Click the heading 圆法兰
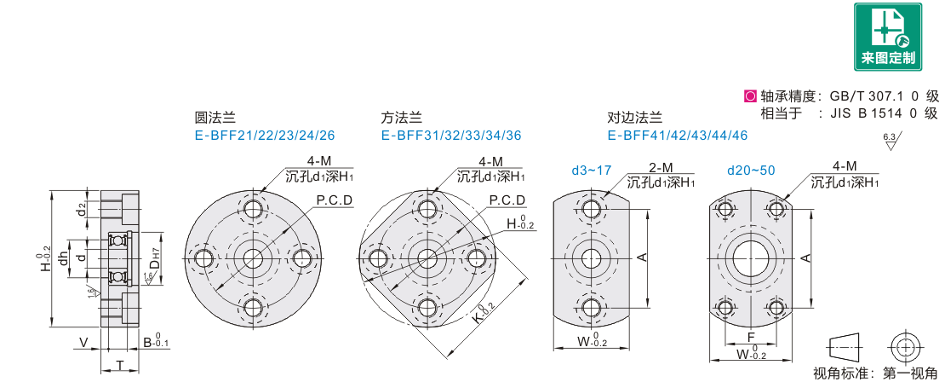click(x=215, y=119)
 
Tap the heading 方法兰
click(x=401, y=119)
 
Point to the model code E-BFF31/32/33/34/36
click(x=451, y=135)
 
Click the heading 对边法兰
click(x=634, y=119)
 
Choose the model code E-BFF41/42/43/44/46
click(x=678, y=135)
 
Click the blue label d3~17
click(x=591, y=171)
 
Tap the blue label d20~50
click(x=751, y=171)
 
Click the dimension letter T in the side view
click(x=120, y=365)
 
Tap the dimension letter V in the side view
click(x=83, y=343)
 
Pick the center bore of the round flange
click(x=253, y=258)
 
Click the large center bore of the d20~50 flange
click(x=750, y=258)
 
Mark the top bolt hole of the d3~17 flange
click(x=591, y=208)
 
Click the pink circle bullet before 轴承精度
click(x=749, y=96)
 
